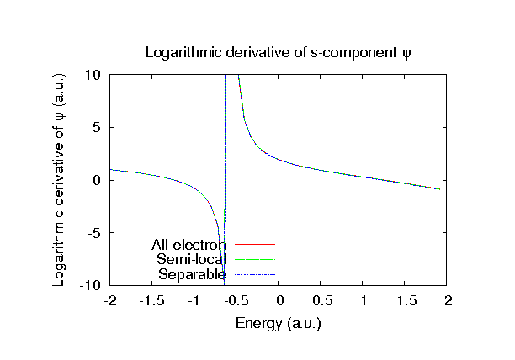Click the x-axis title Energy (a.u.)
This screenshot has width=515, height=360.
(x=279, y=323)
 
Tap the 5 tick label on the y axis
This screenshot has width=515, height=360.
(x=98, y=127)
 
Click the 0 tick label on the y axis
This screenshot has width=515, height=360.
(x=98, y=180)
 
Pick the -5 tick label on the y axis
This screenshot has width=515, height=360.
(x=96, y=233)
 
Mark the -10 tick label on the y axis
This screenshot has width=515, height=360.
(x=93, y=286)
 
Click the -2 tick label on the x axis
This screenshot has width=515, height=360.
(x=109, y=300)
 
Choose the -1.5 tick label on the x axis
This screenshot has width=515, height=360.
(x=151, y=300)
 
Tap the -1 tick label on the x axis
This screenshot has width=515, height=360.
(x=194, y=300)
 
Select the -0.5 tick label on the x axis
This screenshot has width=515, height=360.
(x=236, y=300)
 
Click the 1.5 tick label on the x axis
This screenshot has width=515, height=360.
(x=406, y=300)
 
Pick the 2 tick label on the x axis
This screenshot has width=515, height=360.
(x=449, y=300)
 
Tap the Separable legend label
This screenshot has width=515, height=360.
(x=192, y=274)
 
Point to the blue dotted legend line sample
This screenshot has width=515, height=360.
(x=255, y=274)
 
